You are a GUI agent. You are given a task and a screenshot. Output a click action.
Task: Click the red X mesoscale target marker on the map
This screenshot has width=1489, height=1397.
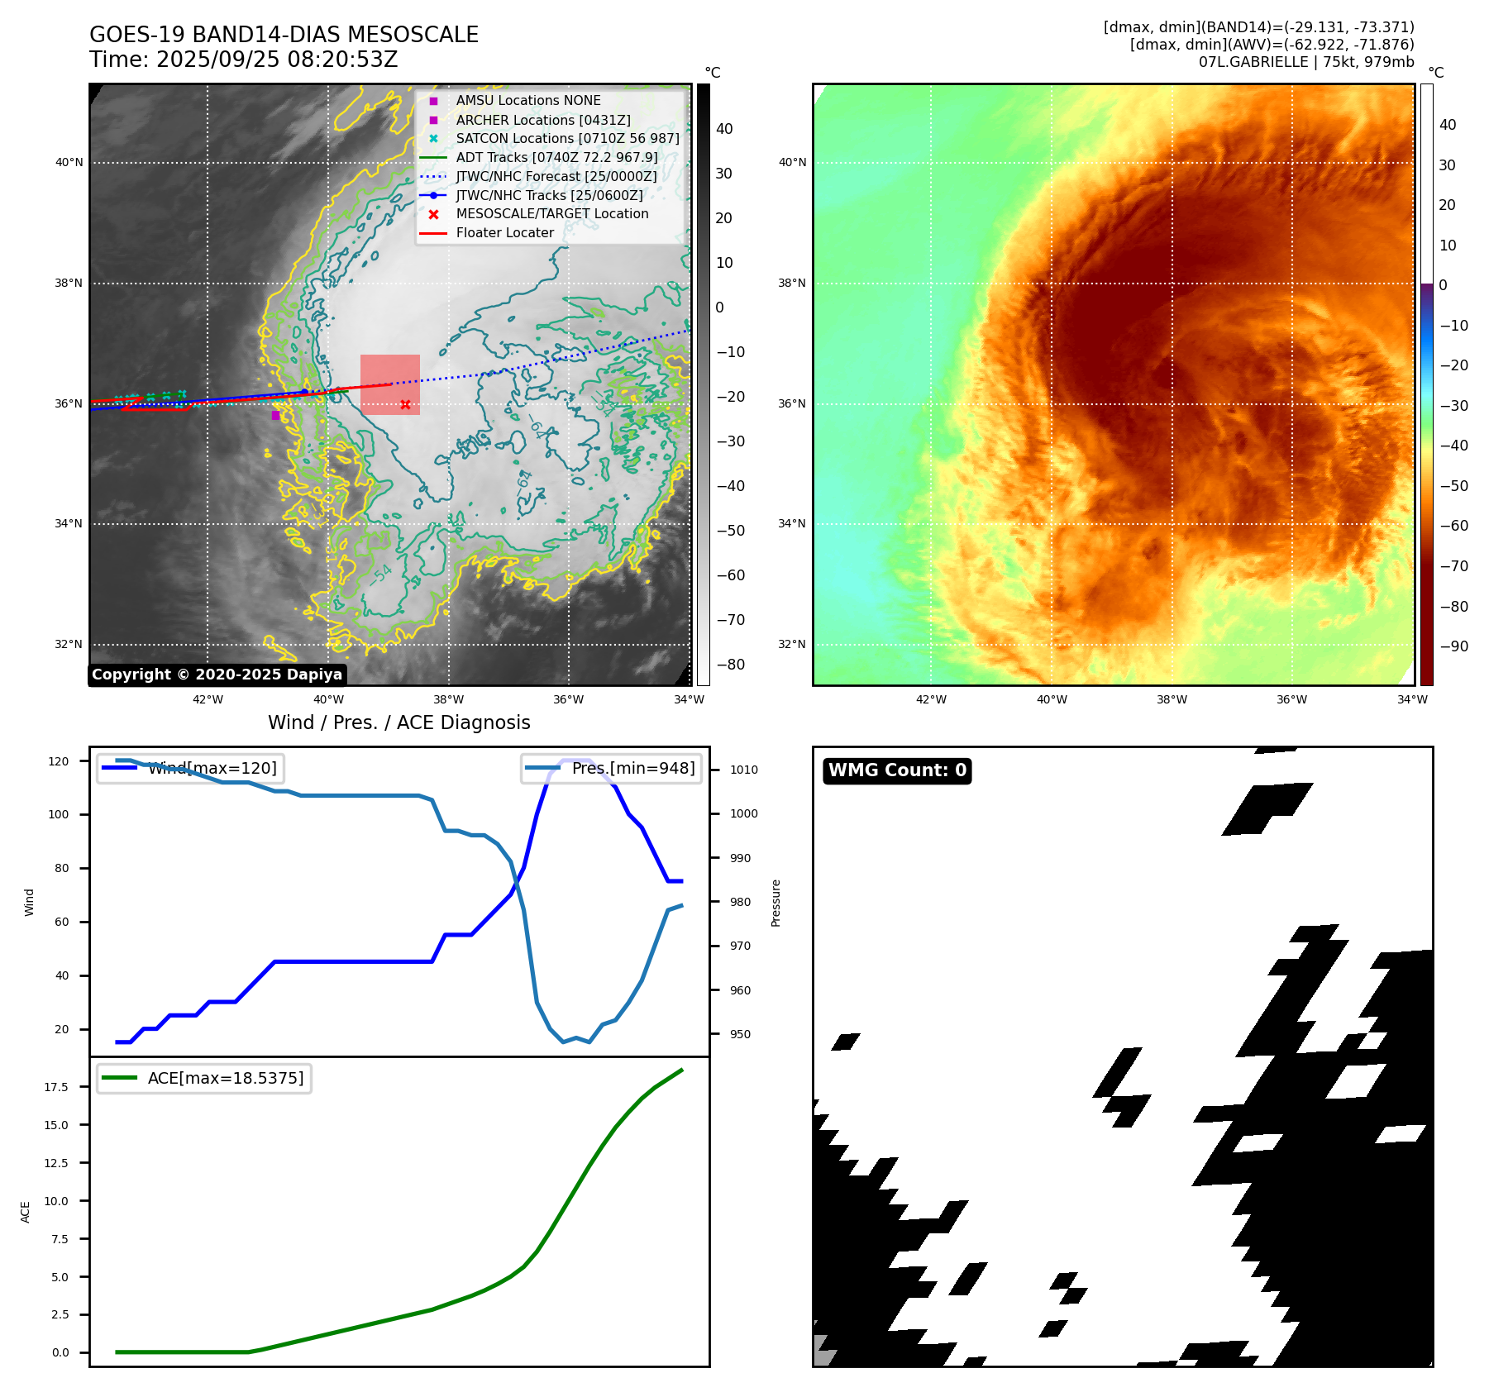click(x=405, y=404)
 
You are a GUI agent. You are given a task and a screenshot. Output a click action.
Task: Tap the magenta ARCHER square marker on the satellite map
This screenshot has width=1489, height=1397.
click(x=275, y=415)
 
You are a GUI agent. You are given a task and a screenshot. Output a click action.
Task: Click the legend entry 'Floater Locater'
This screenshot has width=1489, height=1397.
click(x=504, y=233)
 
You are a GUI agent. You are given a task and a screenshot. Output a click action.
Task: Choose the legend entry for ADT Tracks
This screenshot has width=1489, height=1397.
click(x=556, y=157)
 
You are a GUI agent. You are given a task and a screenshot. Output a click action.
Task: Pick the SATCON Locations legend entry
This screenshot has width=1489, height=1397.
click(x=567, y=138)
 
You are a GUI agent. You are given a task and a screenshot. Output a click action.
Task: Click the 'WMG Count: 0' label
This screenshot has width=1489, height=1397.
click(x=897, y=770)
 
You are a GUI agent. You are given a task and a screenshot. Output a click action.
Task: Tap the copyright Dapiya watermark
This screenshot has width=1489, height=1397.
click(x=217, y=675)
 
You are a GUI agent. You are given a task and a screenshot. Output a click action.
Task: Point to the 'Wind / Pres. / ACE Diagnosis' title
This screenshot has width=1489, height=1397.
click(x=398, y=722)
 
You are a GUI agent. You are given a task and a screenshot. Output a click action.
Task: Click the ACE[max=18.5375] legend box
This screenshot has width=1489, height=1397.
click(x=203, y=1078)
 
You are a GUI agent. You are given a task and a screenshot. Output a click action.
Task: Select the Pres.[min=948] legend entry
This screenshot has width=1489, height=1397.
click(x=611, y=768)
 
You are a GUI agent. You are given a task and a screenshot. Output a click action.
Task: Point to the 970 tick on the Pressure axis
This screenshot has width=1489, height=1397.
click(x=740, y=946)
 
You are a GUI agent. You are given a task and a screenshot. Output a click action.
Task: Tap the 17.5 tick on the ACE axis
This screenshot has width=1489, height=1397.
click(x=56, y=1087)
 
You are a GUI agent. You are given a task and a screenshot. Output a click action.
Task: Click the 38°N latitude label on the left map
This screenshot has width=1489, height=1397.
click(x=69, y=283)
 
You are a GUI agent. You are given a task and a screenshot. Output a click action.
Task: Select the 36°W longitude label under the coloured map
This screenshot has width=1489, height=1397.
click(x=1291, y=699)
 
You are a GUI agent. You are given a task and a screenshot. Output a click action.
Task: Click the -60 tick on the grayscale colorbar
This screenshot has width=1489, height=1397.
click(x=730, y=575)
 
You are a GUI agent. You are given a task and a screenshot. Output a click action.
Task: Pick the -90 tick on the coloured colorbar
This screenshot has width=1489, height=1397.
click(x=1453, y=646)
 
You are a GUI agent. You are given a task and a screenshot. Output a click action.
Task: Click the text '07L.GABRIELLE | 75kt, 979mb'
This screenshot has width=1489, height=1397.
click(x=1305, y=62)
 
